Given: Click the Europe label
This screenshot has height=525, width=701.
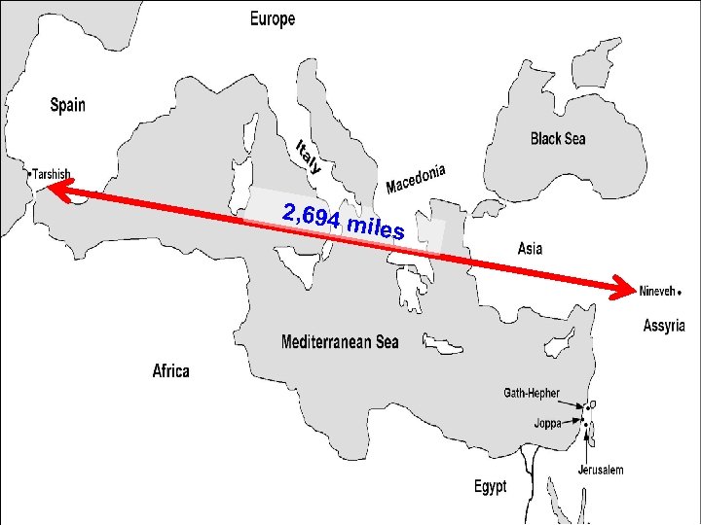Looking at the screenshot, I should (273, 18).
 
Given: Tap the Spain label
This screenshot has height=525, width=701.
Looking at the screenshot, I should (67, 105).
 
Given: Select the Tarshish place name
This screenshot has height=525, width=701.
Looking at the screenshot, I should (52, 174).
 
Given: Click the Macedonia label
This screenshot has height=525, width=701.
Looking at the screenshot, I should (416, 177).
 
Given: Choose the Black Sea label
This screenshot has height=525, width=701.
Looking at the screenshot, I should (558, 139).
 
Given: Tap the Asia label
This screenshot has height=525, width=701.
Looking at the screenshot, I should (529, 249).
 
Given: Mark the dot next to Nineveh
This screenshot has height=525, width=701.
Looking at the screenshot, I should (679, 291).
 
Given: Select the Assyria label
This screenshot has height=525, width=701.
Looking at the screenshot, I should (664, 326).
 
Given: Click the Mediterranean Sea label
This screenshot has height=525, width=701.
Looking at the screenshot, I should (340, 342).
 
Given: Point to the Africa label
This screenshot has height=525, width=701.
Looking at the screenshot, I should (171, 370).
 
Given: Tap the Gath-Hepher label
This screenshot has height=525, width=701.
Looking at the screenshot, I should (531, 393).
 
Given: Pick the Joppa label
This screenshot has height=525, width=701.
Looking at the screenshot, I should (547, 423).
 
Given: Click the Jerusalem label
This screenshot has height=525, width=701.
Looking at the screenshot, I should (600, 470).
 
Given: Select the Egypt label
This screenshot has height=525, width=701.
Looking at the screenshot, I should (490, 486).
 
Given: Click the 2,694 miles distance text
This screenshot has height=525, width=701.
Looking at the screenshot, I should (341, 222).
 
